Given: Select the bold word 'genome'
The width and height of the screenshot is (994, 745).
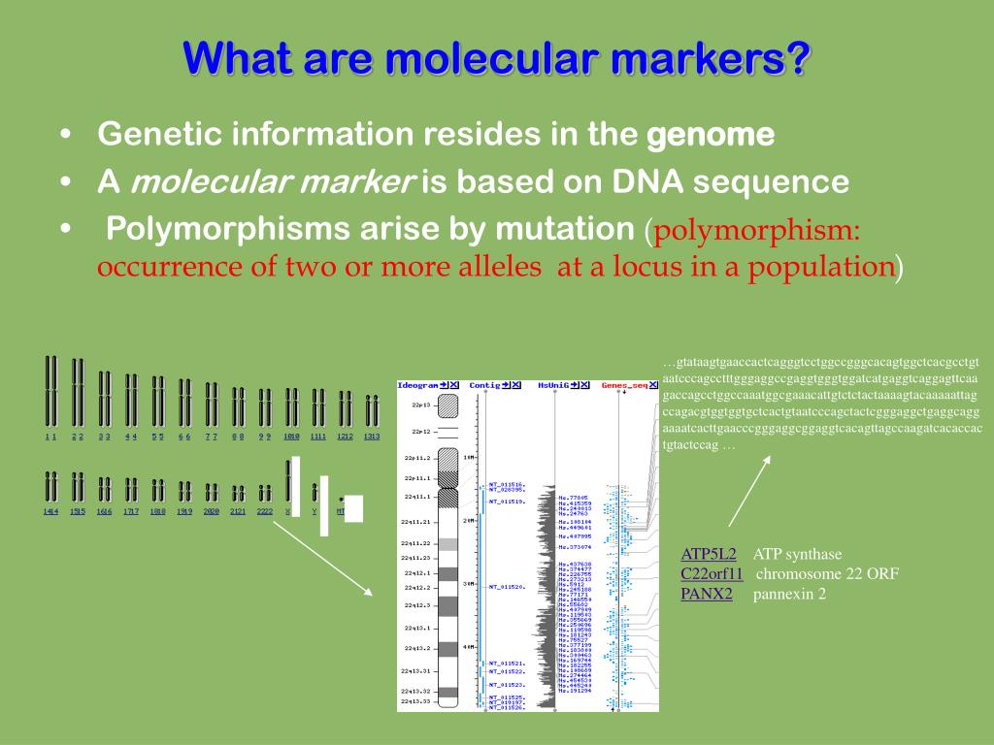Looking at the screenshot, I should tap(711, 135).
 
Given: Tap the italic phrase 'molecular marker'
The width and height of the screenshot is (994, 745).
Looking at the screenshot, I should tap(274, 181).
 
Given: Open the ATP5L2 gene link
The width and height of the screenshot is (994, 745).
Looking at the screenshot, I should tap(708, 554).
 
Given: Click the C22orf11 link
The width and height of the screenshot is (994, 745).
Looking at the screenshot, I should tap(712, 573).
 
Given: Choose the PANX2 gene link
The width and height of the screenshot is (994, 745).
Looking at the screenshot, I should tap(706, 593).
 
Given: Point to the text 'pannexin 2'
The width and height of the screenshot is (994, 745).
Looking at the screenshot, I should tap(789, 593).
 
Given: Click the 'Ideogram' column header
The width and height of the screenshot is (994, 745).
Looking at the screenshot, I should tap(417, 385).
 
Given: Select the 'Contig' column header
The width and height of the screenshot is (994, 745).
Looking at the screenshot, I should tap(484, 385).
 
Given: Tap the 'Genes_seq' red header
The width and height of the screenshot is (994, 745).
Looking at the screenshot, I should tap(623, 385).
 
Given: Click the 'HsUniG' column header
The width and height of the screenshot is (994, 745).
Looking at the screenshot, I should tap(553, 385).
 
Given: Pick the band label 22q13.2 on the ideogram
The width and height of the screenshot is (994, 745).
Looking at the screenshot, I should tap(417, 647).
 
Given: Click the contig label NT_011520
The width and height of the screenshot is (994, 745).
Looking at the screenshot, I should tap(507, 587).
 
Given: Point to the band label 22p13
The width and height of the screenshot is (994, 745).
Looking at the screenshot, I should tap(420, 405).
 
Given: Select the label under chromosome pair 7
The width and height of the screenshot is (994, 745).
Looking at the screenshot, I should tap(211, 437).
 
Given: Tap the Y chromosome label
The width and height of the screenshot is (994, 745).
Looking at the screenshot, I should tap(315, 510).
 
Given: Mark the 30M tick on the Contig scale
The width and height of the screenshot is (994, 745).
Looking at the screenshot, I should tap(467, 584).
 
